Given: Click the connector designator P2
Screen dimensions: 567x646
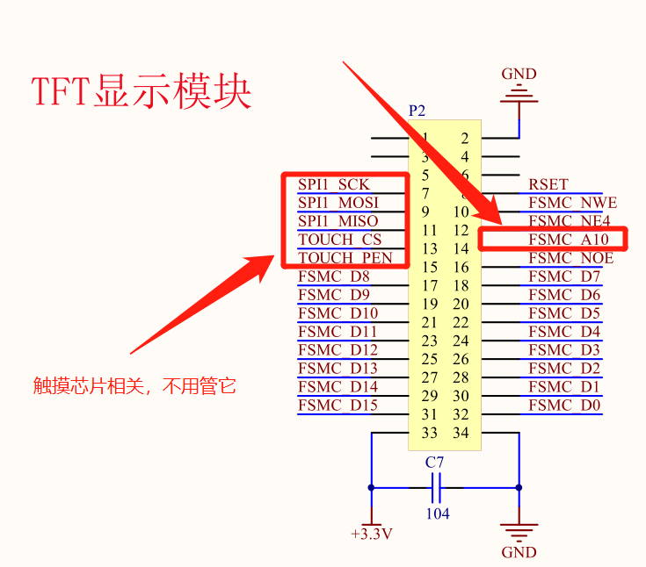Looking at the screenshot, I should pos(417,111).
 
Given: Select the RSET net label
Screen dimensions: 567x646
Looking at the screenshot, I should pos(548,184).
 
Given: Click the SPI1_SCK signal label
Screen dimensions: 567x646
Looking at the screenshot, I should pos(334,184).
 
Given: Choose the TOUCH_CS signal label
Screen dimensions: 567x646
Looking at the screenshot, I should pos(339,240).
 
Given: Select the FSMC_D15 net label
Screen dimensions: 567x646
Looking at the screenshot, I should pos(338,406).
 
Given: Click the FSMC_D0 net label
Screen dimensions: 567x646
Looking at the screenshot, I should pos(564,406).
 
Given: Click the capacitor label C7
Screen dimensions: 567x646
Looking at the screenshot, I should pos(435,462).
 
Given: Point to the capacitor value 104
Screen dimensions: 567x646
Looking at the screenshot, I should pos(438,513).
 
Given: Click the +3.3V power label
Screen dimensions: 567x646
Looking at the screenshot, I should pos(371,534).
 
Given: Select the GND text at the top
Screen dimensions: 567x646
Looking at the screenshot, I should pos(519,74).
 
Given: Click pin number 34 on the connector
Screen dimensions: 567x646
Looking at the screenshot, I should pos(461,433).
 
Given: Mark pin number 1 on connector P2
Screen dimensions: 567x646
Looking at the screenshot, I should pos(425,138).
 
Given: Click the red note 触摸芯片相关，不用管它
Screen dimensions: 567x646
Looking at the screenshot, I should pos(135,385).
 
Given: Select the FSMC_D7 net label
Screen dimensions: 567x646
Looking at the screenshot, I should pos(564,276).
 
